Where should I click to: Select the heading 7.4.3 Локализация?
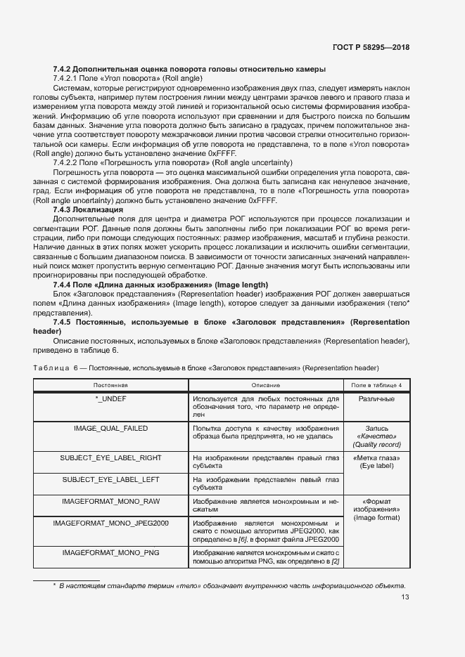[x=88, y=209]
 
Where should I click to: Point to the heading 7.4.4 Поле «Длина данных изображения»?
[x=160, y=284]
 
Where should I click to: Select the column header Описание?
[x=265, y=385]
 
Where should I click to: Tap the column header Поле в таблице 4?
[x=376, y=385]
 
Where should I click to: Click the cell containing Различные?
[x=376, y=399]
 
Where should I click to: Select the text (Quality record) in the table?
[x=376, y=444]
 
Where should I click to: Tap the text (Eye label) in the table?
[x=376, y=466]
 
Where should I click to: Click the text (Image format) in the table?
[x=376, y=518]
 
